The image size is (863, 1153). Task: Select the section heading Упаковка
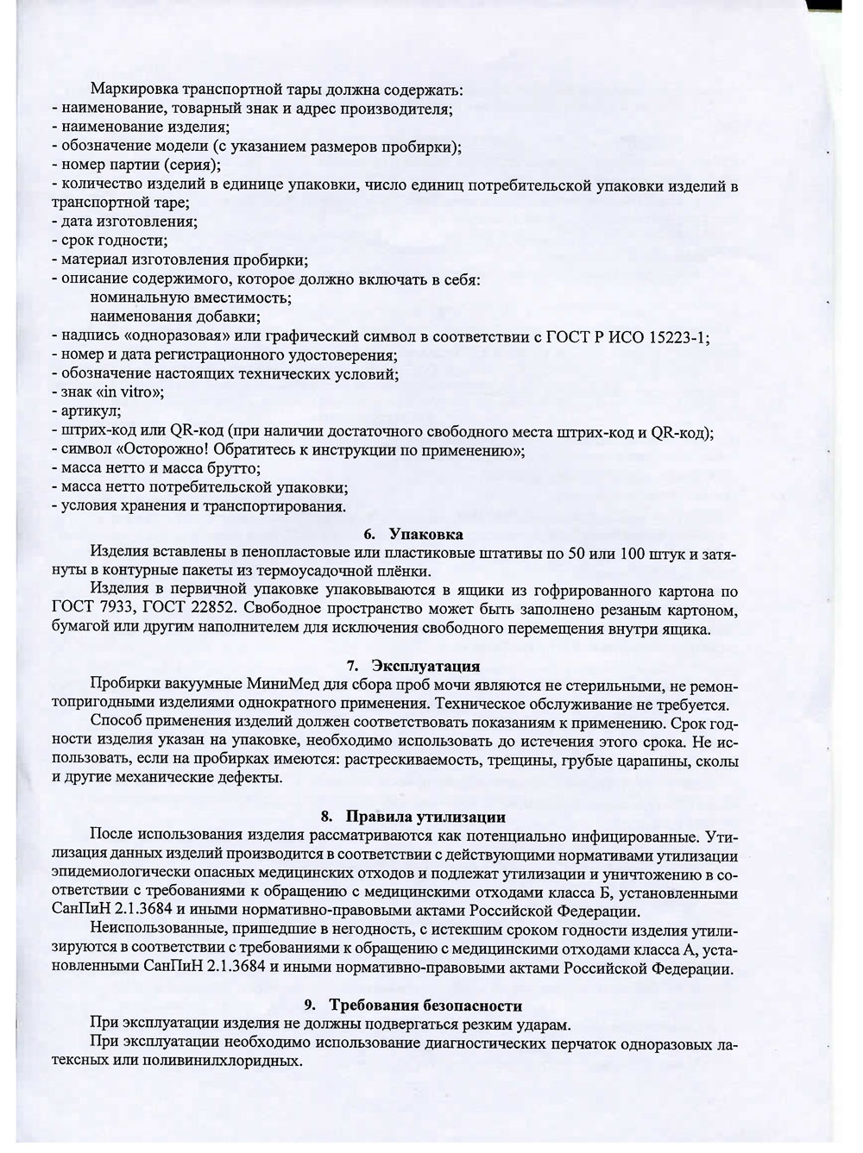tap(426, 535)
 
